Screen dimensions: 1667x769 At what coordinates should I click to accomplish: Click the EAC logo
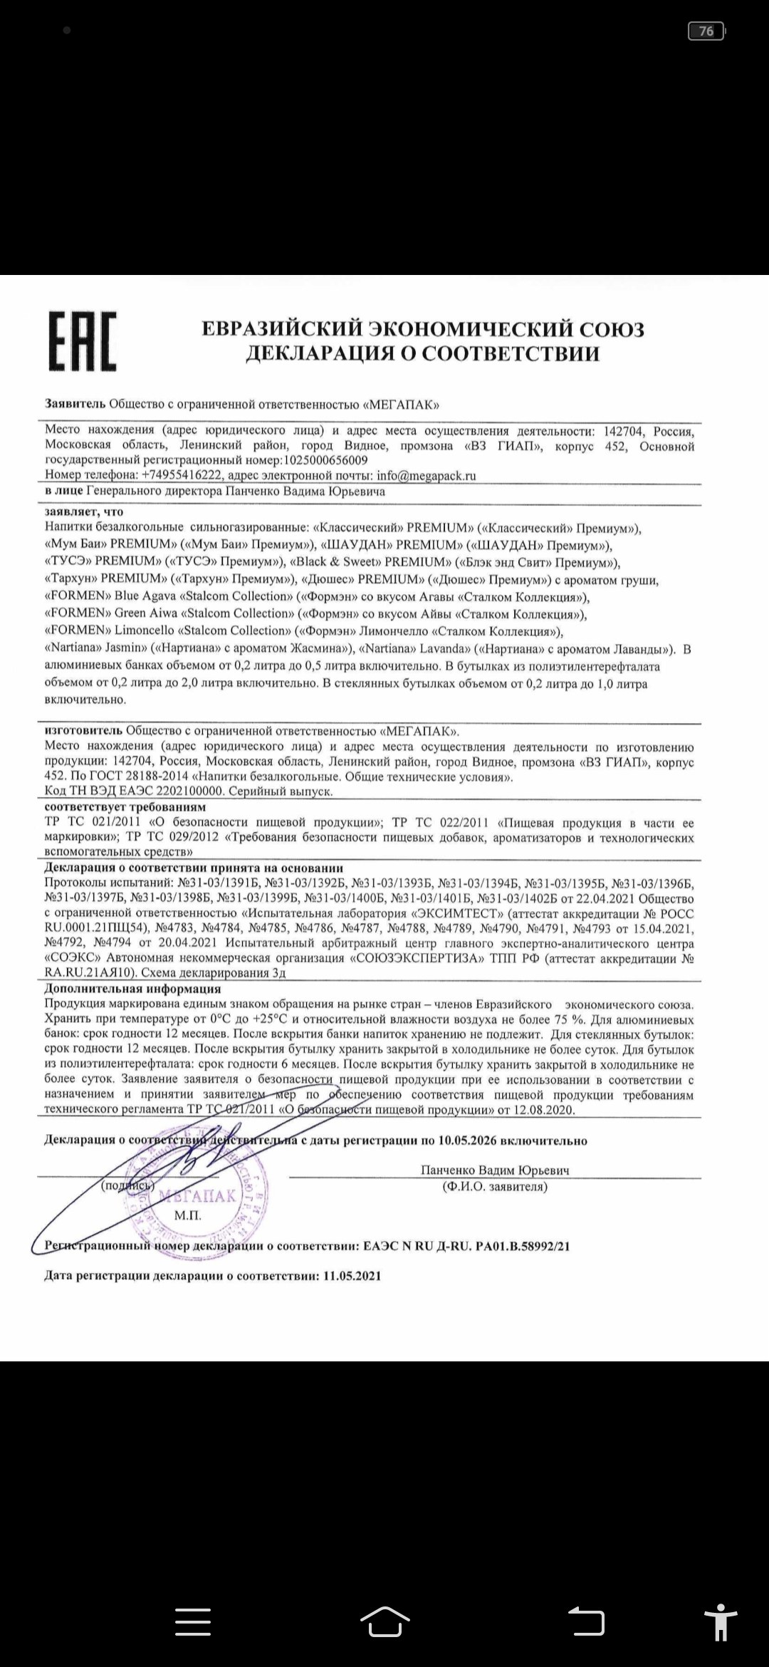(x=83, y=341)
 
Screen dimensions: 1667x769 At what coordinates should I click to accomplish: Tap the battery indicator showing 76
(x=706, y=31)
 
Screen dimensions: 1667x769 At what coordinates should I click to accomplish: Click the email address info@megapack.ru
(x=427, y=475)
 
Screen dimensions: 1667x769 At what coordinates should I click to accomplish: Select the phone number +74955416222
(x=182, y=475)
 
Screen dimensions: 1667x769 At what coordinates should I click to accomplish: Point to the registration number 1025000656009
(x=325, y=461)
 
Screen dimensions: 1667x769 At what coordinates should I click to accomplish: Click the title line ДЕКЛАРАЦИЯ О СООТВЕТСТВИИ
(x=423, y=354)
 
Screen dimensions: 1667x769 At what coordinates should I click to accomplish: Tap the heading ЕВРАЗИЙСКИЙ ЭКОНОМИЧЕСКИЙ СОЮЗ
(x=423, y=329)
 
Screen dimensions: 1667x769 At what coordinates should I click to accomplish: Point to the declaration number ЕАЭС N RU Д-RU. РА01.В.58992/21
(x=466, y=1246)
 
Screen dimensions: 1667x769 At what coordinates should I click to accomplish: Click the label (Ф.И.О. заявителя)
(x=494, y=1186)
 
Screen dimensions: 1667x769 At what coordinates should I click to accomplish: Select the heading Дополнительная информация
(x=132, y=989)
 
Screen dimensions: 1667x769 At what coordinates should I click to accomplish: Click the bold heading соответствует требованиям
(x=125, y=807)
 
